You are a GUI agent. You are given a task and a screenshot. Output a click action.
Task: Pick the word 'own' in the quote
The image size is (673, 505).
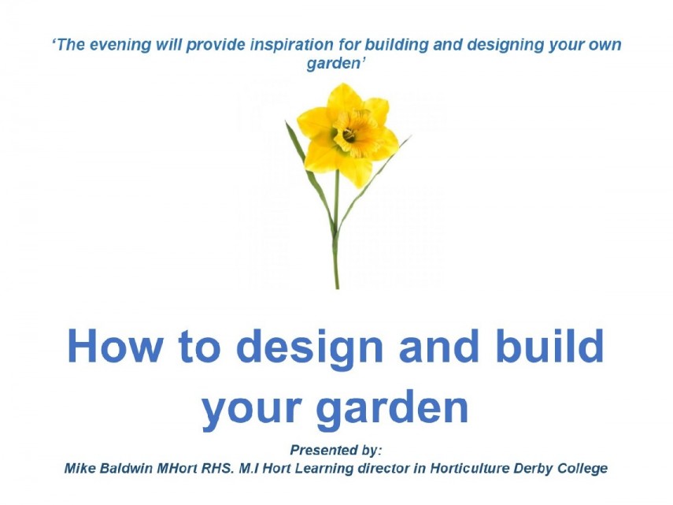605,46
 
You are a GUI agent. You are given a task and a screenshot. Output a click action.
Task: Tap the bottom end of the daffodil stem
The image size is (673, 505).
337,288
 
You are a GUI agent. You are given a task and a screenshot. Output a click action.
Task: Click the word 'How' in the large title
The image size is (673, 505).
116,347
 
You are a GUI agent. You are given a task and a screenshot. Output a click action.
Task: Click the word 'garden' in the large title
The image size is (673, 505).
392,408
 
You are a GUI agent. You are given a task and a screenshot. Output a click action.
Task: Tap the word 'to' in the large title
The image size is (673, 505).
200,348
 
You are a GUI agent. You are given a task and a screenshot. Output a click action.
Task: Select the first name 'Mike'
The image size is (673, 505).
80,468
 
